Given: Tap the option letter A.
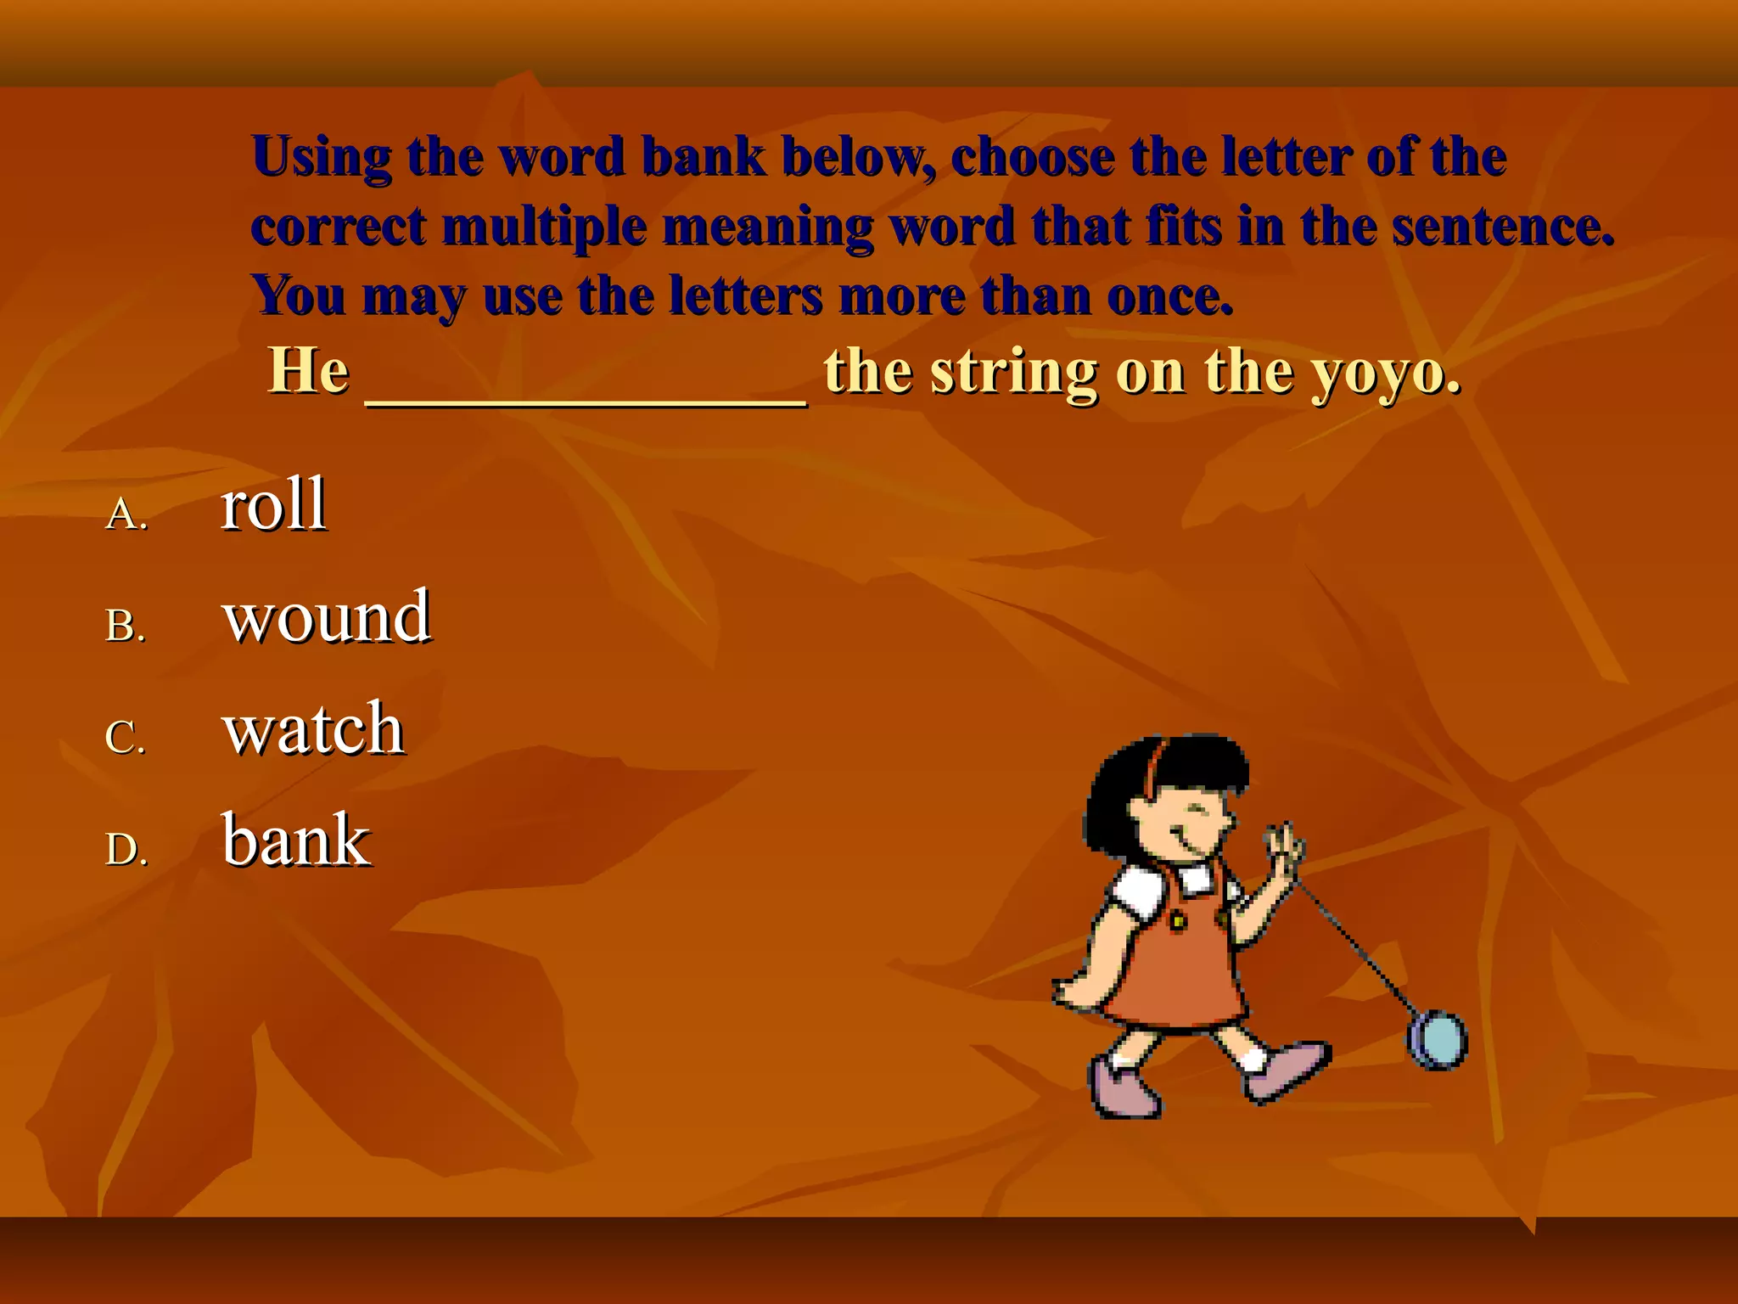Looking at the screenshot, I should pyautogui.click(x=126, y=514).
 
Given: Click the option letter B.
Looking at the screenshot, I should pyautogui.click(x=126, y=626).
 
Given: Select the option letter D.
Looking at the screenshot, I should pyautogui.click(x=126, y=849).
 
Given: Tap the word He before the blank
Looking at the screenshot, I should pyautogui.click(x=309, y=371).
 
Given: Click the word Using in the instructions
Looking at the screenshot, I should pyautogui.click(x=322, y=158).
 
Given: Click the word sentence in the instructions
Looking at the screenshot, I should pyautogui.click(x=1502, y=227).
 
